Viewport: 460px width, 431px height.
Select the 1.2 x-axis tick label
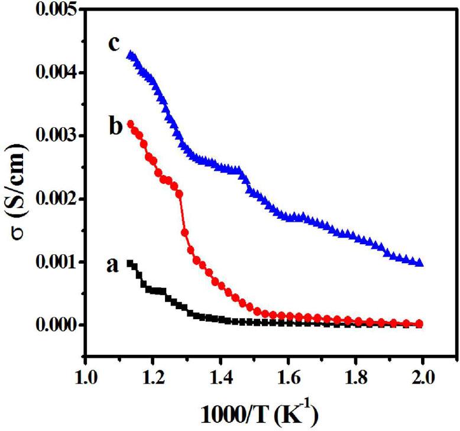(x=153, y=376)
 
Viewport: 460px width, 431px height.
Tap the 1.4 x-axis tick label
(x=221, y=376)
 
